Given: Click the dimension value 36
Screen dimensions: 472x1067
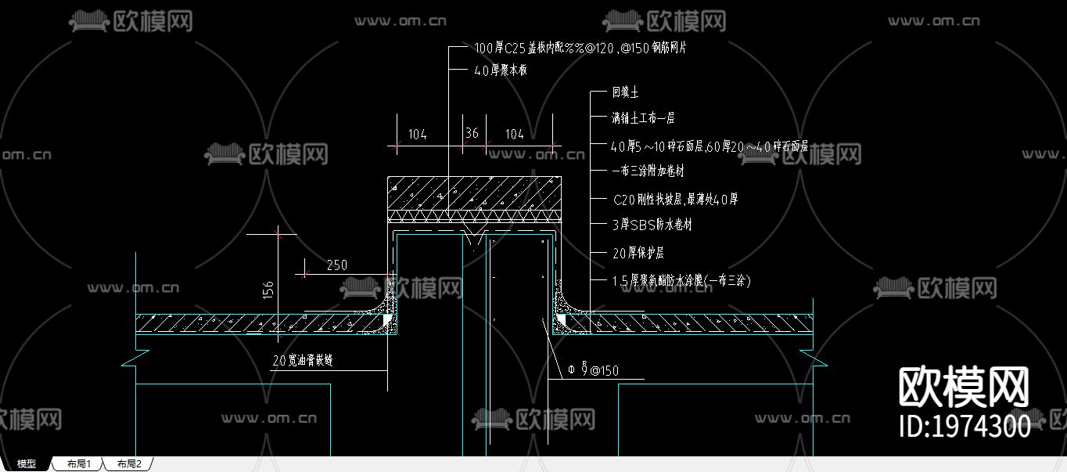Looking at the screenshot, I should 471,134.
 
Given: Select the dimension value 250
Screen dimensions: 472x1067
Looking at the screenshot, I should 336,265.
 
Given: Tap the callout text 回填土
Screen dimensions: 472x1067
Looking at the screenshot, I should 625,92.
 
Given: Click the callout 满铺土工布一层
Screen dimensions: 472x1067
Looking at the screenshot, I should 643,118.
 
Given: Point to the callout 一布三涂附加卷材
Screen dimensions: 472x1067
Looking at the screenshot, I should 648,171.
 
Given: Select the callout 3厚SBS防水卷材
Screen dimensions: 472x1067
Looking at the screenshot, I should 652,225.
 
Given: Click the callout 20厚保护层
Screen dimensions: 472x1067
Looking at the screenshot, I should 638,253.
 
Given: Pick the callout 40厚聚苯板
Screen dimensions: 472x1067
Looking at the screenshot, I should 501,70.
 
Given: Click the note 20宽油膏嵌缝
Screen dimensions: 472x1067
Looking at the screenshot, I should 303,361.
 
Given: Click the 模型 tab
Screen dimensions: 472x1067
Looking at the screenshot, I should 27,464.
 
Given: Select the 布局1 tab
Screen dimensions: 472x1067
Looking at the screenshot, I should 79,464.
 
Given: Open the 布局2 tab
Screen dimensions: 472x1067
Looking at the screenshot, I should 129,464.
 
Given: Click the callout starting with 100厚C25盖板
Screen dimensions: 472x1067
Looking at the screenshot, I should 580,48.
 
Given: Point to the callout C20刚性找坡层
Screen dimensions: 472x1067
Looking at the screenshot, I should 675,199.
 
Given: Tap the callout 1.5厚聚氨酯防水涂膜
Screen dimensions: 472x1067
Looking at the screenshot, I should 681,280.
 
